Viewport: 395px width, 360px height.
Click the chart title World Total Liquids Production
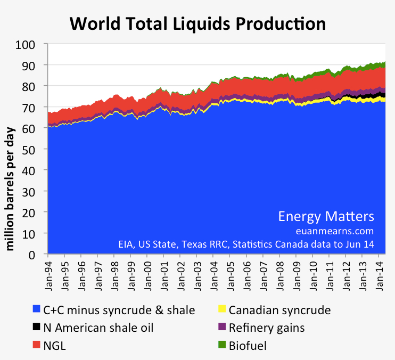[198, 23]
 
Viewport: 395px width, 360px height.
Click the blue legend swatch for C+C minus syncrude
[37, 309]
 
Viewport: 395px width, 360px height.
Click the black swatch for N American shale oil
[37, 328]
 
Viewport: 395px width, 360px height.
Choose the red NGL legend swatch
[37, 346]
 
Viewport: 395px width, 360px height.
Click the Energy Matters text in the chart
[326, 216]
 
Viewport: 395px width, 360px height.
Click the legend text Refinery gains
[267, 328]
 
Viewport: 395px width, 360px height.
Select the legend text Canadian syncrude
[279, 309]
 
